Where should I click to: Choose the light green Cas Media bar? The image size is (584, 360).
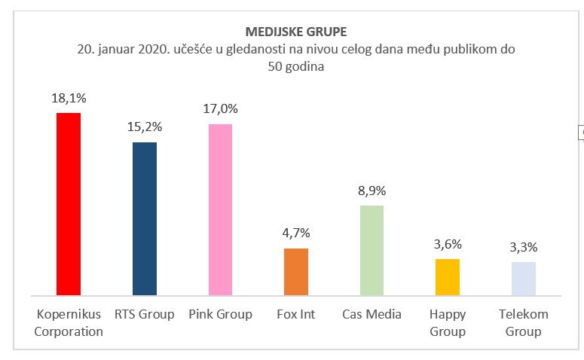pyautogui.click(x=371, y=250)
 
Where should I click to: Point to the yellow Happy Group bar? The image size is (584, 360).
pyautogui.click(x=448, y=276)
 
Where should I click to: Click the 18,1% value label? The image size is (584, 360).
pyautogui.click(x=69, y=98)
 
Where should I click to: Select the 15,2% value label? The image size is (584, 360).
pyautogui.click(x=145, y=127)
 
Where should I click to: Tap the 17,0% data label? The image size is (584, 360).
pyautogui.click(x=220, y=109)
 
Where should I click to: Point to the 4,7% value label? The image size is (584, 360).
pyautogui.click(x=295, y=233)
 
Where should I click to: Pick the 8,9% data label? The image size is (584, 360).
pyautogui.click(x=371, y=191)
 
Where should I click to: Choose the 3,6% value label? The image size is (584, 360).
pyautogui.click(x=448, y=244)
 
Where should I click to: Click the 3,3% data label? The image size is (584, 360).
pyautogui.click(x=523, y=247)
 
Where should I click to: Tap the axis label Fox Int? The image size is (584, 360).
pyautogui.click(x=295, y=314)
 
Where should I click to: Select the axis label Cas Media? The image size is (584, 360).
pyautogui.click(x=371, y=314)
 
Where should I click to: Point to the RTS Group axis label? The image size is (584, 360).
pyautogui.click(x=145, y=314)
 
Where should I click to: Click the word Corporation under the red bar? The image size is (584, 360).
pyautogui.click(x=69, y=331)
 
